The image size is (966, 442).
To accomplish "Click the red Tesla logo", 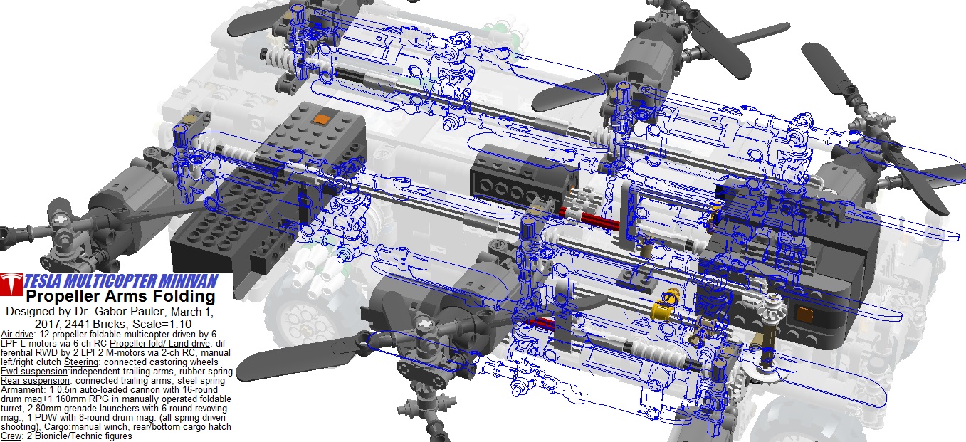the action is click(x=11, y=285).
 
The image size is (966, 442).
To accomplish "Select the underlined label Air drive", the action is click(x=17, y=335).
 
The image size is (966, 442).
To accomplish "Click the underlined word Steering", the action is click(x=81, y=362).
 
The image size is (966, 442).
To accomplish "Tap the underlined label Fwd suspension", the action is click(x=34, y=372).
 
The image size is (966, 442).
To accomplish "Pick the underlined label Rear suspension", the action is click(x=35, y=381).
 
